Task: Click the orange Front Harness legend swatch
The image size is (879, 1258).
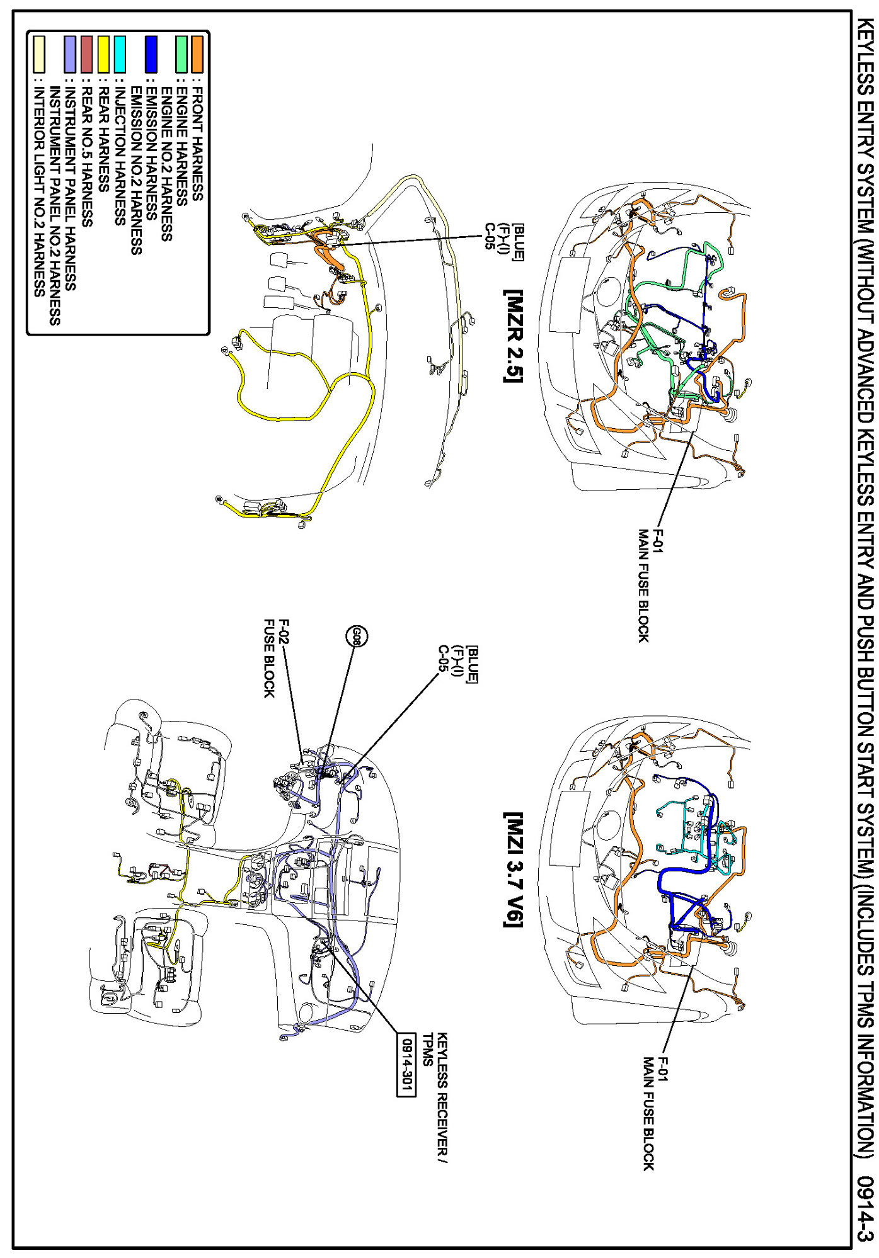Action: (197, 54)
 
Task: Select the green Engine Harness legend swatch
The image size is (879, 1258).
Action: (181, 54)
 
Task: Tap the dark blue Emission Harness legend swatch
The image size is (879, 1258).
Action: (151, 54)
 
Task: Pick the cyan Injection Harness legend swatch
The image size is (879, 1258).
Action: (120, 54)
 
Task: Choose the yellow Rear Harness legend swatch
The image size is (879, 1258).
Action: (103, 54)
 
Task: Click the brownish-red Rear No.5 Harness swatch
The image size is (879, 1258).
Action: (87, 54)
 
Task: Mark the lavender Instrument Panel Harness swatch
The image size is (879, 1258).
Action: (70, 54)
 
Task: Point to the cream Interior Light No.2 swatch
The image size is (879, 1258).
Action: (38, 54)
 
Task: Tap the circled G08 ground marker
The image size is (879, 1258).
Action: (357, 637)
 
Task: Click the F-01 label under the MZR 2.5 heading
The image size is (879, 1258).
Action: (658, 541)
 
